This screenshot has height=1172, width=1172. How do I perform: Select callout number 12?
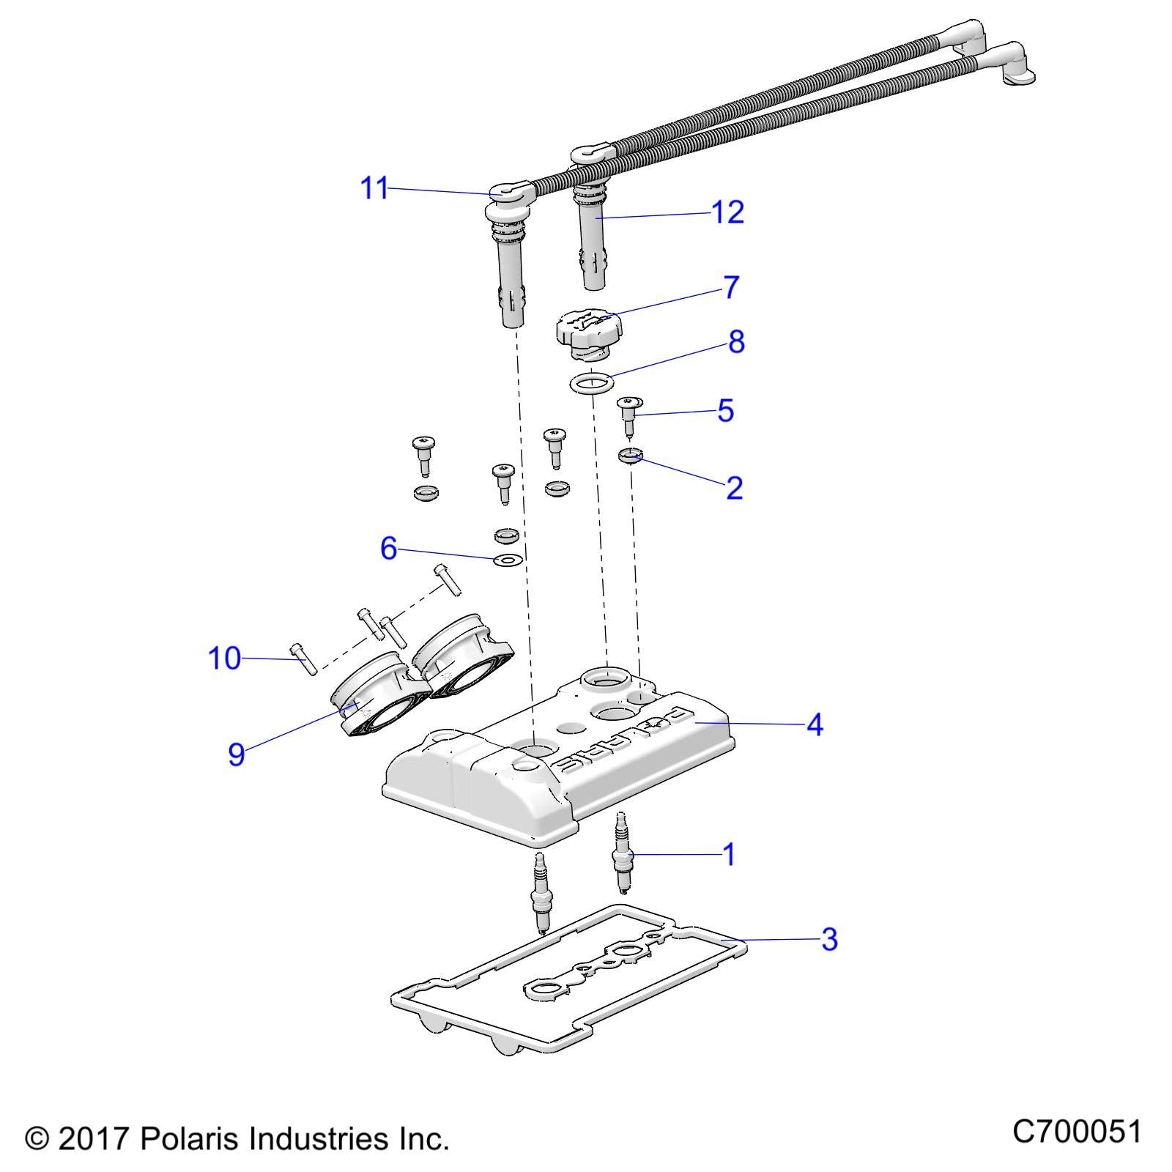(728, 212)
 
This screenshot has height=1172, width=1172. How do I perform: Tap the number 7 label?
(731, 287)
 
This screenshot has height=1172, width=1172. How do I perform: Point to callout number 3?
(828, 939)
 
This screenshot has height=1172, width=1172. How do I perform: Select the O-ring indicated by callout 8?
(591, 382)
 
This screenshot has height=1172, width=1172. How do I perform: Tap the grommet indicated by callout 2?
(631, 457)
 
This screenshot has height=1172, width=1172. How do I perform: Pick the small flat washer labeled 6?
(507, 561)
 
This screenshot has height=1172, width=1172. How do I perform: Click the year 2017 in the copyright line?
(94, 1139)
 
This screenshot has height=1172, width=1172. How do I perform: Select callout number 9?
(236, 754)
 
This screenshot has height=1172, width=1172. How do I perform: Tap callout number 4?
(815, 725)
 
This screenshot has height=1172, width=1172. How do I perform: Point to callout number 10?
(225, 659)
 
